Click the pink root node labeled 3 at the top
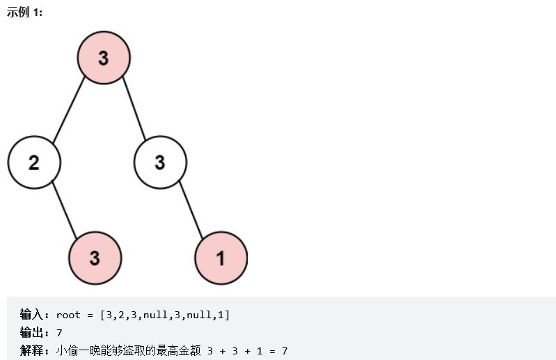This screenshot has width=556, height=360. pyautogui.click(x=103, y=58)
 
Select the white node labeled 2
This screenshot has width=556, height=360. pyautogui.click(x=34, y=163)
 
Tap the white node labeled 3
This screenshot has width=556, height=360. pyautogui.click(x=160, y=163)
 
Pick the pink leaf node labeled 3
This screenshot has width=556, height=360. pyautogui.click(x=95, y=258)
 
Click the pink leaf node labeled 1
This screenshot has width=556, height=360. pyautogui.click(x=221, y=258)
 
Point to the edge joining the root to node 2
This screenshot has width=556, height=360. pyautogui.click(x=68, y=110)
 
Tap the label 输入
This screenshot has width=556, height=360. pyautogui.click(x=32, y=315)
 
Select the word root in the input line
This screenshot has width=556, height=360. pyautogui.click(x=68, y=315)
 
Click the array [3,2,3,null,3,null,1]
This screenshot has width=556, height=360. pyautogui.click(x=165, y=315)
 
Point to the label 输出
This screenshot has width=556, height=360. pyautogui.click(x=32, y=333)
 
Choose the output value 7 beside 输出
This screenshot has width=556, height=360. pyautogui.click(x=59, y=333)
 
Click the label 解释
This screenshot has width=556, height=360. pyautogui.click(x=32, y=350)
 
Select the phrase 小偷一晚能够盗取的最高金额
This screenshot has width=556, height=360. pyautogui.click(x=127, y=350)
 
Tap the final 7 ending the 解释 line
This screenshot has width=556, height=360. pyautogui.click(x=285, y=350)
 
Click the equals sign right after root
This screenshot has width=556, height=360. pyautogui.click(x=91, y=315)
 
